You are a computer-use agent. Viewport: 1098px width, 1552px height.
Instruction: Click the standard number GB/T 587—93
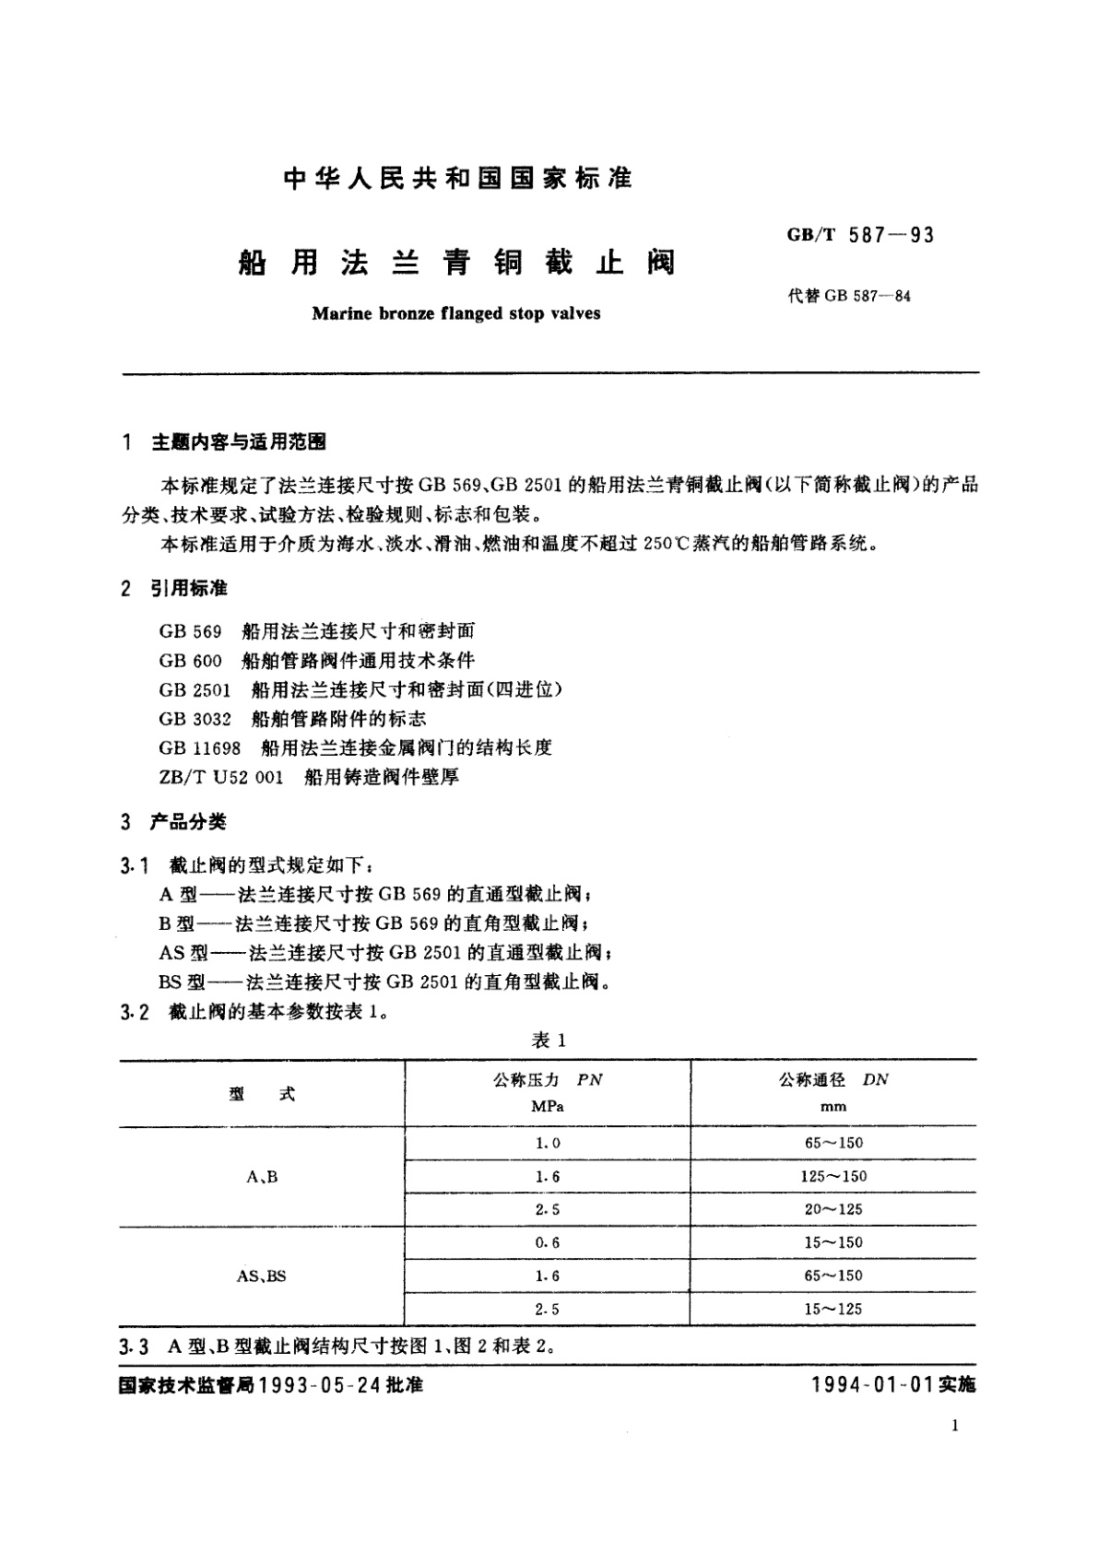click(860, 236)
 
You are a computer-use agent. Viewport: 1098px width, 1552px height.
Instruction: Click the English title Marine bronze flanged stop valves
click(455, 313)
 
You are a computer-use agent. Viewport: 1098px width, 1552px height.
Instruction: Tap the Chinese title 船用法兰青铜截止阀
click(456, 264)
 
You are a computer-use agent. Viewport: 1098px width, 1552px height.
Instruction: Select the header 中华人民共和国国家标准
click(457, 179)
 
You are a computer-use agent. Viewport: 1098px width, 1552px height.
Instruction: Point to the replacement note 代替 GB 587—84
click(849, 297)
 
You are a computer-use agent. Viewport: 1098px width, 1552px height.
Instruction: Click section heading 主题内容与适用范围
click(238, 442)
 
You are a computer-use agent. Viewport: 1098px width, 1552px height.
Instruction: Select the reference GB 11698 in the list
click(199, 747)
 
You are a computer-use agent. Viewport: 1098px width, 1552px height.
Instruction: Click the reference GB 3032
click(195, 718)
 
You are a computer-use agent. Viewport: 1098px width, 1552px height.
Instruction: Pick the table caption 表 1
click(549, 1041)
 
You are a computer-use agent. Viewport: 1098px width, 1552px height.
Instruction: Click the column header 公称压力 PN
click(548, 1079)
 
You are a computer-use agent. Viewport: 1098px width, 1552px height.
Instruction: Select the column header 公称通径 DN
click(832, 1079)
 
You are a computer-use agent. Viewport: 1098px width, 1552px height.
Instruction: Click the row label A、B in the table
click(263, 1177)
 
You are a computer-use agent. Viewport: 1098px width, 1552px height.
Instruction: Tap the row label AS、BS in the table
click(262, 1276)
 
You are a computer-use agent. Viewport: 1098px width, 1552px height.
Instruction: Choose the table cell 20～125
click(833, 1210)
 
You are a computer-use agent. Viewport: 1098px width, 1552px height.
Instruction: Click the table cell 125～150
click(833, 1177)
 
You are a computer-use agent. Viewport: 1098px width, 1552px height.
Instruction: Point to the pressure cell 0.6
click(548, 1243)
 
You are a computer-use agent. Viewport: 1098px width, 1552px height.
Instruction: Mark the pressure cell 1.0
click(548, 1144)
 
